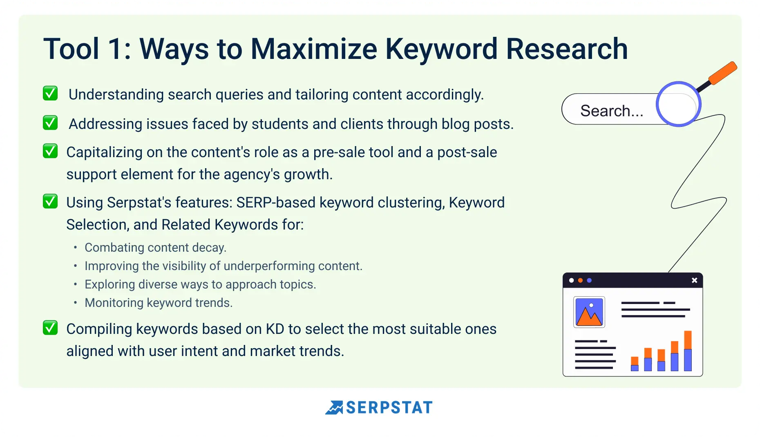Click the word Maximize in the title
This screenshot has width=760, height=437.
[x=313, y=49]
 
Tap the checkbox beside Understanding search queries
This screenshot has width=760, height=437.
[x=50, y=93]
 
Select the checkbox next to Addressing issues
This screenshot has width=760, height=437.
[x=50, y=123]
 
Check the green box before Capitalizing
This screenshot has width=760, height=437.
[x=50, y=151]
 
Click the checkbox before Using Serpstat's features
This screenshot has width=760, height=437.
[x=50, y=201]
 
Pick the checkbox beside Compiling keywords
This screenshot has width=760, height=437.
[x=50, y=328]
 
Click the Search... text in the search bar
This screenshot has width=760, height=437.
[x=612, y=111]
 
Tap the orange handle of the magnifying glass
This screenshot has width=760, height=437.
[x=722, y=73]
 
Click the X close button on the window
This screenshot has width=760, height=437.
[x=694, y=280]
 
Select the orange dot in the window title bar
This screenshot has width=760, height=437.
[x=580, y=280]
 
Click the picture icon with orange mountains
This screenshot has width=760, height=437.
[x=589, y=312]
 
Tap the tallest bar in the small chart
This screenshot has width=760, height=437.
[x=688, y=351]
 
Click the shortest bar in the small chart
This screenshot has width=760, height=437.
[x=635, y=364]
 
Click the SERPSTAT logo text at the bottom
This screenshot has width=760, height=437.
[x=389, y=408]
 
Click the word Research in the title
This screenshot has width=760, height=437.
[x=567, y=49]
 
